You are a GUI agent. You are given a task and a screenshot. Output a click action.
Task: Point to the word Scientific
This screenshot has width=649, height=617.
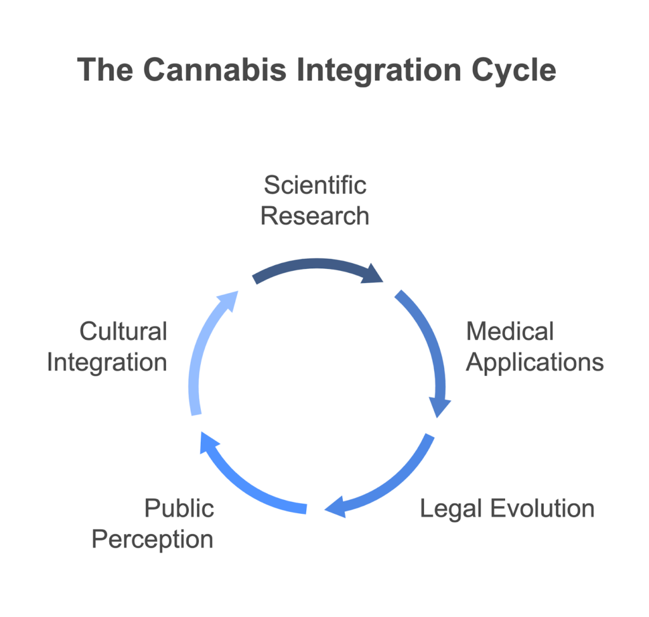click(315, 185)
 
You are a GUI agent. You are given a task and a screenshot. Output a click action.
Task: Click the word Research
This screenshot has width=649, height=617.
click(315, 216)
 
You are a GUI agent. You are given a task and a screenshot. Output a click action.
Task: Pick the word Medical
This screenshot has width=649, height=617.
click(510, 331)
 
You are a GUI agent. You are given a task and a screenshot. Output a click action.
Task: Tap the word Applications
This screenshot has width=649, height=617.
click(535, 362)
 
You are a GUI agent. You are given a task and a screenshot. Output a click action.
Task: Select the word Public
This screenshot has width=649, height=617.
click(179, 508)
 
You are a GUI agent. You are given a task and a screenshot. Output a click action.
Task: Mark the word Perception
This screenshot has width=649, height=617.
click(152, 539)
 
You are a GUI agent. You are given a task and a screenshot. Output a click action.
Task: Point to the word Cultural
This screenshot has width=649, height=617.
click(123, 331)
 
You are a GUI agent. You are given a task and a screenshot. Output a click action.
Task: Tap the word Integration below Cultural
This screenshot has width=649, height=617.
click(107, 363)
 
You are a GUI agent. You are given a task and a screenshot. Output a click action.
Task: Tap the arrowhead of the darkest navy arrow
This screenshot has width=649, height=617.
click(373, 276)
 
